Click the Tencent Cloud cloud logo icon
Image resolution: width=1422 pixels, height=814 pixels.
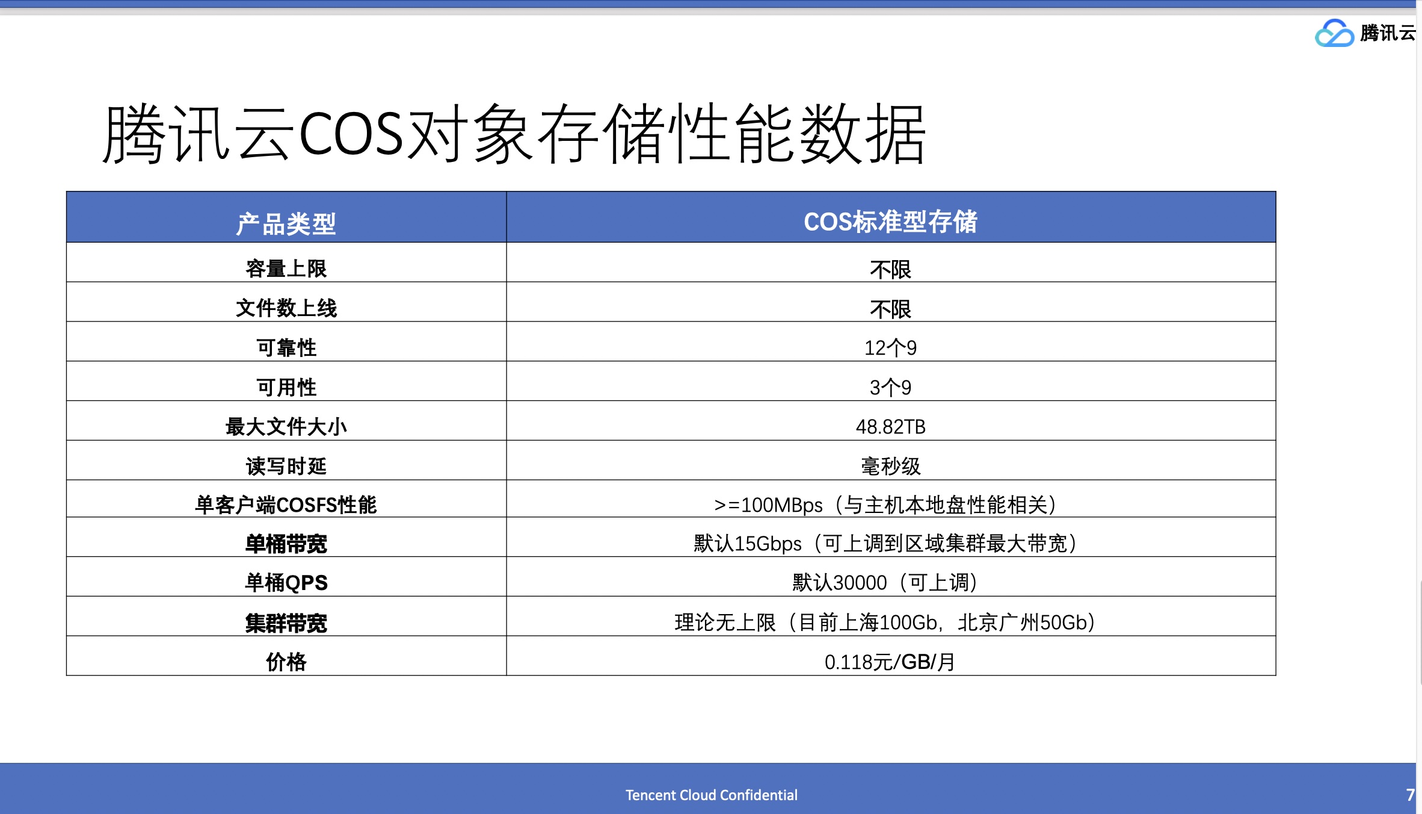click(x=1334, y=33)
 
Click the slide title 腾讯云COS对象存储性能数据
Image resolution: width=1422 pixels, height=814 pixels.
click(x=515, y=134)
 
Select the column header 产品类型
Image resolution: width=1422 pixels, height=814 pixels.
click(x=286, y=224)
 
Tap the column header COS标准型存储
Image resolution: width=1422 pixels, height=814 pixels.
click(x=890, y=222)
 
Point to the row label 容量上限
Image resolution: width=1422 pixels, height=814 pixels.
click(x=286, y=269)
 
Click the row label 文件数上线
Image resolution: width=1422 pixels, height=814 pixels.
click(x=286, y=308)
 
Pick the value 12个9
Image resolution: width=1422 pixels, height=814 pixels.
click(x=890, y=348)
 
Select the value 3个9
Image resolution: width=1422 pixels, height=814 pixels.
click(x=890, y=387)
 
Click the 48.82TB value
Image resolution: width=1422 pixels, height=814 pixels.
click(x=890, y=427)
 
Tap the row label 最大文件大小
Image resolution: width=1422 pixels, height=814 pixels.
click(x=286, y=427)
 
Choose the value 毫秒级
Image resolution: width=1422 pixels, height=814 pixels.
click(x=890, y=466)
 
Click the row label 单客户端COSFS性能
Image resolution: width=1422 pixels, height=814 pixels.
click(x=286, y=505)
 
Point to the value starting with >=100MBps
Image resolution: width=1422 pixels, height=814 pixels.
click(x=885, y=505)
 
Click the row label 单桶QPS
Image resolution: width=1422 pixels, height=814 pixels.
click(x=286, y=583)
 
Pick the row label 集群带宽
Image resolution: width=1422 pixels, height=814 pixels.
click(x=286, y=623)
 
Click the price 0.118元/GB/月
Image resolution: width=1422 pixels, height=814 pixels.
click(x=890, y=662)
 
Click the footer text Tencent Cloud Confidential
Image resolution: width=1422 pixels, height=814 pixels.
click(x=711, y=795)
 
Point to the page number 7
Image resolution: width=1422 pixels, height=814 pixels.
click(x=1410, y=795)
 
